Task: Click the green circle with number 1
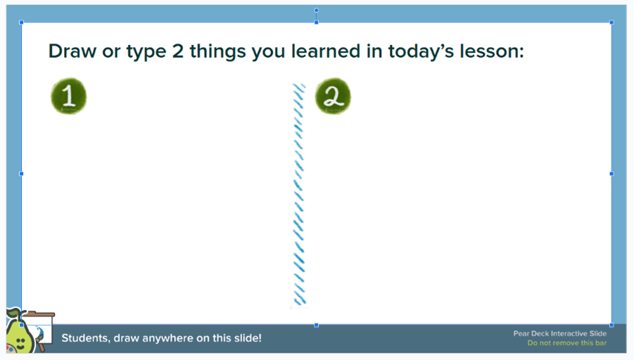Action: (69, 96)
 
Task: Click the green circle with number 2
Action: (333, 96)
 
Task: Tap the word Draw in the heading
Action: (72, 51)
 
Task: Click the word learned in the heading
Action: (326, 51)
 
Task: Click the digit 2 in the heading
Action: (178, 51)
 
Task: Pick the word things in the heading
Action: (217, 52)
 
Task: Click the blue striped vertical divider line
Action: (299, 194)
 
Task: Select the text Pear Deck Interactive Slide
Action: (559, 333)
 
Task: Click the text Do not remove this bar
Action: (567, 343)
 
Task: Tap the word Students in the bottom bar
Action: (86, 337)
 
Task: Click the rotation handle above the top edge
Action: (316, 10)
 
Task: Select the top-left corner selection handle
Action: (21, 22)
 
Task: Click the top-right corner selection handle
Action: (611, 22)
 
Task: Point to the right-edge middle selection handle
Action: (611, 174)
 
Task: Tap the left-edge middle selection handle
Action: (21, 174)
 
